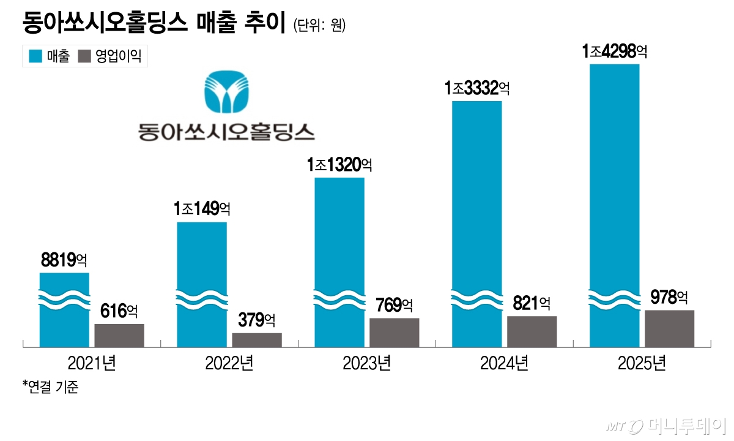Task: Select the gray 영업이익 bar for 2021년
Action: [119, 336]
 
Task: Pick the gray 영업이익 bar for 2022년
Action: [257, 341]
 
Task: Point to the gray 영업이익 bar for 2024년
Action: [532, 332]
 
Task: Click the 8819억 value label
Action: [64, 260]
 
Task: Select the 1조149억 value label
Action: [202, 209]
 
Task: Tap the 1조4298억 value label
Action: [614, 51]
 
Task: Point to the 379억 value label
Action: [257, 320]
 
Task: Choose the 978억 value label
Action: [669, 298]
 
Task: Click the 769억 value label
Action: [395, 305]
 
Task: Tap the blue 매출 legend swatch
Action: [35, 57]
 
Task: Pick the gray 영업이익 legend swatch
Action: [85, 57]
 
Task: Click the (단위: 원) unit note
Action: [319, 26]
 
